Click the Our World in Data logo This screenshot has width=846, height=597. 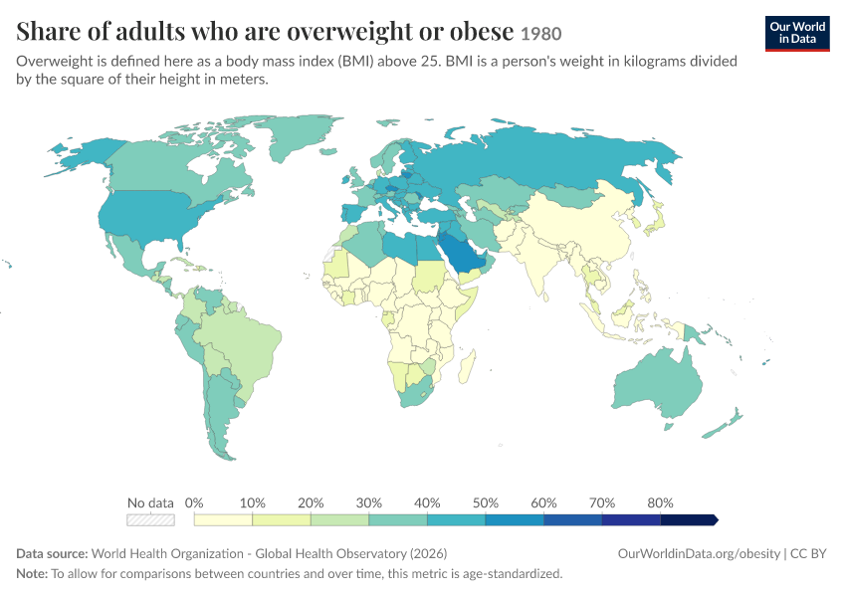point(797,34)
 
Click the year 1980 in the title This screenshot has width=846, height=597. point(541,34)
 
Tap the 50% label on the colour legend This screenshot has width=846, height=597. point(485,502)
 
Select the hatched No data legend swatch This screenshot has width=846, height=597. point(150,519)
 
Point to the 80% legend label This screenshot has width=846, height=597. point(660,502)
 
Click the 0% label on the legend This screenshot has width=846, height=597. point(194,502)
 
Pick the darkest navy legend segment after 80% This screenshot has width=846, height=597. point(689,519)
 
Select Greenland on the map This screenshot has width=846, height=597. point(301,135)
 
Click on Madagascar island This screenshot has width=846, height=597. point(467,366)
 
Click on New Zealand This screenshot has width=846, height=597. point(723,426)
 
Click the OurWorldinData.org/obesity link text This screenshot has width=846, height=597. point(699,554)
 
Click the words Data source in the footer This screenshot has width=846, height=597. point(52,554)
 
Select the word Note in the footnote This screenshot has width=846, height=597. point(32,573)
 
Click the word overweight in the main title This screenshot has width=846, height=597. point(353,31)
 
